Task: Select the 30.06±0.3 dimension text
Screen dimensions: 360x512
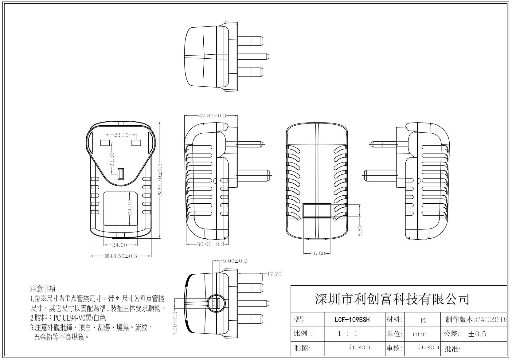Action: [x=210, y=244]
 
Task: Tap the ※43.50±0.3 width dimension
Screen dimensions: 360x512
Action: [x=121, y=256]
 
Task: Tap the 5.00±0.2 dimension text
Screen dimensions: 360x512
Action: [x=235, y=261]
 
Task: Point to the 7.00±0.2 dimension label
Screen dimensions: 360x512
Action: [x=175, y=323]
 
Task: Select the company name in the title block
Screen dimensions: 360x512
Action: [x=392, y=299]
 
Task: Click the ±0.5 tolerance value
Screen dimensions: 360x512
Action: [x=477, y=334]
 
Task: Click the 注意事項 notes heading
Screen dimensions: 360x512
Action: [x=43, y=289]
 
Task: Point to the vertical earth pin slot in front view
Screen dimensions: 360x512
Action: [x=121, y=174]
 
